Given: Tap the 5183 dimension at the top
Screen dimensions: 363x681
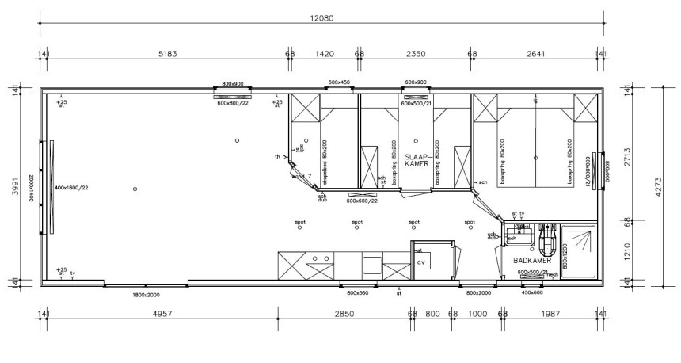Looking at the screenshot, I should [x=167, y=54].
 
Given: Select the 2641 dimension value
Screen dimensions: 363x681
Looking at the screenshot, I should [x=535, y=54].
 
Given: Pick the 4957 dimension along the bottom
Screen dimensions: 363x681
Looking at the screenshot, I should [x=162, y=315].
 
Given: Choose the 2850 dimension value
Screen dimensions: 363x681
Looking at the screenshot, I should [x=344, y=315].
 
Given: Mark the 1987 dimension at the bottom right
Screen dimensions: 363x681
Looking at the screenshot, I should [x=551, y=315].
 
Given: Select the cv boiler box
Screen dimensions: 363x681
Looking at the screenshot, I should [x=420, y=262].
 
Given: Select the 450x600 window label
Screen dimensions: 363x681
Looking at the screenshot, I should [x=532, y=292].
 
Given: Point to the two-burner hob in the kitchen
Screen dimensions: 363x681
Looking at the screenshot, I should [x=320, y=259].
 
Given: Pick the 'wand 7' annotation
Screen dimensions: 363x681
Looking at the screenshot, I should [x=301, y=176].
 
